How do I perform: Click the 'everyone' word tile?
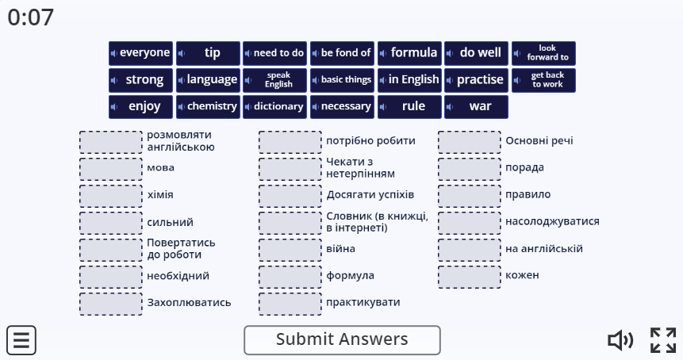coord(140,53)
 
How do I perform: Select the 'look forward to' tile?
coord(543,53)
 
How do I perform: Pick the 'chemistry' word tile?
coord(208,106)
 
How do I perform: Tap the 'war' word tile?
coord(476,106)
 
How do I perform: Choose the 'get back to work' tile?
coord(543,80)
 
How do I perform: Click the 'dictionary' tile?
coord(274,106)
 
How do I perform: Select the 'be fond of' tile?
coord(342,53)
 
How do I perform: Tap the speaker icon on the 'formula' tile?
coord(383,54)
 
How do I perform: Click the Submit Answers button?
coord(342,340)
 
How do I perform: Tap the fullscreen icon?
coord(663,340)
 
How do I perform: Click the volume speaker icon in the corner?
coord(620,340)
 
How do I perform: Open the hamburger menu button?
coord(21,340)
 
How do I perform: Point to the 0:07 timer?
coord(30,17)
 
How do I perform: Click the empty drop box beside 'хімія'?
coord(110,196)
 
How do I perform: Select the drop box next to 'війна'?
coord(290,250)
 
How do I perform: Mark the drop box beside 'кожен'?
coord(470,277)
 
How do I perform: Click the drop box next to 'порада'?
coord(470,169)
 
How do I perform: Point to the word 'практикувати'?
coord(363,303)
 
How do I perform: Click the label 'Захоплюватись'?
coord(189,303)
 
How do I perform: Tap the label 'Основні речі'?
coord(539,140)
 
